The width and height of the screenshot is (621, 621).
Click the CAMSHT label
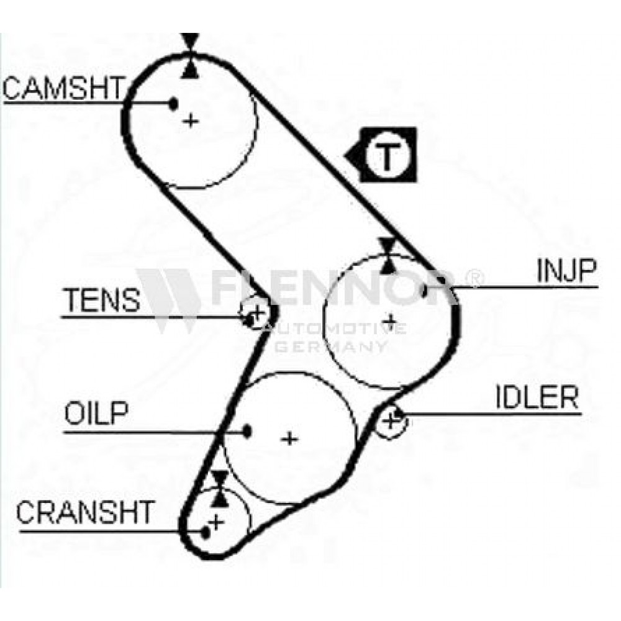click(x=63, y=88)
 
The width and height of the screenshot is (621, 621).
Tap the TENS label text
click(x=102, y=300)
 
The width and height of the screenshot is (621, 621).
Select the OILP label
click(x=96, y=413)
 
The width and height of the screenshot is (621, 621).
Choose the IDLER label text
click(x=537, y=397)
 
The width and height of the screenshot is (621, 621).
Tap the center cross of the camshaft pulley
click(x=191, y=120)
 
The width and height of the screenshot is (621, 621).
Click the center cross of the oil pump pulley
click(x=289, y=439)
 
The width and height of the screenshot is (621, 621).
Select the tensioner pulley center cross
click(x=258, y=312)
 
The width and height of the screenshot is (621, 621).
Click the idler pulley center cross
click(x=392, y=420)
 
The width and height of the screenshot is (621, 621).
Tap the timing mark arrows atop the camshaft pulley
click(x=191, y=55)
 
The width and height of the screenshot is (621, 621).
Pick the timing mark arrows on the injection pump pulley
click(x=388, y=256)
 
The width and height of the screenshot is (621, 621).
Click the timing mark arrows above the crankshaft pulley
click(x=219, y=489)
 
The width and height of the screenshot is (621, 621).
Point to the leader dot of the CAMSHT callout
click(x=173, y=104)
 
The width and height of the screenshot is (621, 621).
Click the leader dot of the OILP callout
click(x=247, y=432)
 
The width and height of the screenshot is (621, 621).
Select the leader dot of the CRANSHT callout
click(x=205, y=533)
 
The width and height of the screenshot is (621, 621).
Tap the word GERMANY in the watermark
click(x=331, y=347)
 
